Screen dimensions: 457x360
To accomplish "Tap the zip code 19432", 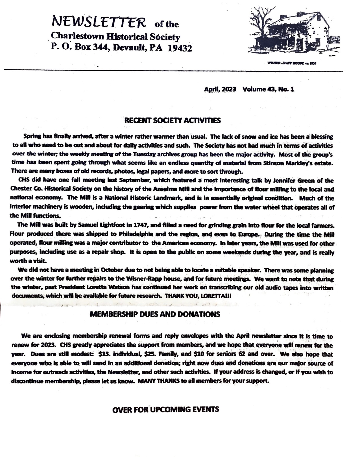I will click(x=180, y=48).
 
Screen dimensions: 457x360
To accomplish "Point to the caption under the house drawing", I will click(x=291, y=64).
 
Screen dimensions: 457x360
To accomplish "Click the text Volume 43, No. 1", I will click(x=268, y=89).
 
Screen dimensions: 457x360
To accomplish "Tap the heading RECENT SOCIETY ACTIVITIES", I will click(x=173, y=121).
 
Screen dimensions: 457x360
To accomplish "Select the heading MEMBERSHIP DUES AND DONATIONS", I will click(x=155, y=314).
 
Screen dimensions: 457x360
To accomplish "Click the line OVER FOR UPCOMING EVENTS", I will click(x=165, y=409).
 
